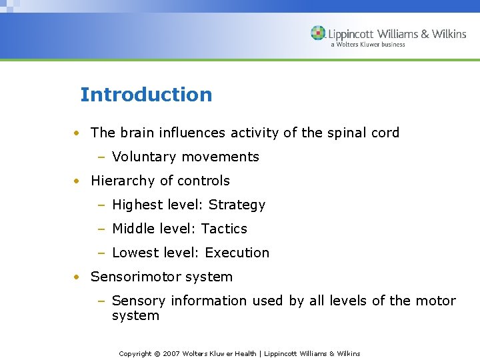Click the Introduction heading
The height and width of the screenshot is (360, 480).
(x=146, y=95)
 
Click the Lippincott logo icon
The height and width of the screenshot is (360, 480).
(x=319, y=33)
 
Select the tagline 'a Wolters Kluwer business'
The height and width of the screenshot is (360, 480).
(x=367, y=45)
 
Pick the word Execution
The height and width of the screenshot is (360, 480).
(x=237, y=253)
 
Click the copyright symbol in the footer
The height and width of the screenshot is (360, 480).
(x=157, y=353)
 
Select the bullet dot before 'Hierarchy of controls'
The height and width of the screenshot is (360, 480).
(x=77, y=181)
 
